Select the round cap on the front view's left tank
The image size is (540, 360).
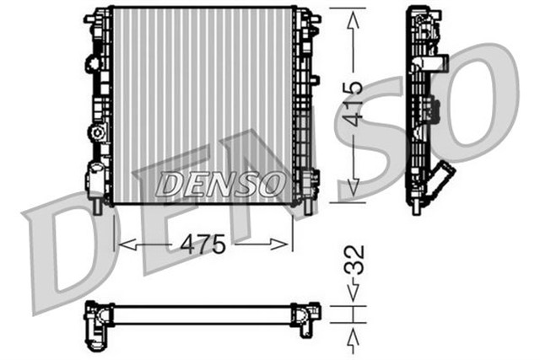[97, 132]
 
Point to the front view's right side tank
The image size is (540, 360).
[305, 105]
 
